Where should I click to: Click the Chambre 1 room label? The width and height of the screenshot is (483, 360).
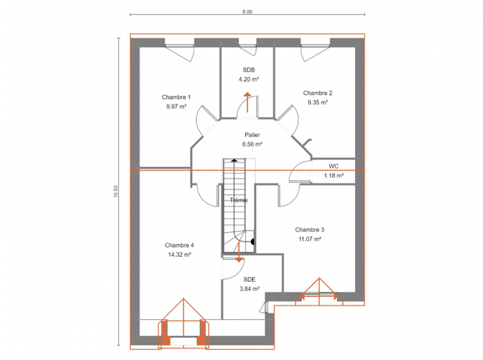pyautogui.click(x=176, y=97)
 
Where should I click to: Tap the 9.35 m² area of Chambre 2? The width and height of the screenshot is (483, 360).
pyautogui.click(x=317, y=102)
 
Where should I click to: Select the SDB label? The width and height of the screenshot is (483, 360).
pyautogui.click(x=249, y=70)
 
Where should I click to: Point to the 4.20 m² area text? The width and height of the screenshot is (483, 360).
pyautogui.click(x=249, y=79)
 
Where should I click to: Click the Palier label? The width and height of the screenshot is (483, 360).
pyautogui.click(x=252, y=135)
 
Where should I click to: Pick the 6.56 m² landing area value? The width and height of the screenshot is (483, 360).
pyautogui.click(x=252, y=144)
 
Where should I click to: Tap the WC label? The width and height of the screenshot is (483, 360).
pyautogui.click(x=334, y=166)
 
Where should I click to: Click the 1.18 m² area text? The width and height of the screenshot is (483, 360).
pyautogui.click(x=334, y=176)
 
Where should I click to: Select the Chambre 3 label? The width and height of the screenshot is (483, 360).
pyautogui.click(x=310, y=230)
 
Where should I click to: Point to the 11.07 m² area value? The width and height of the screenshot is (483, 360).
pyautogui.click(x=310, y=239)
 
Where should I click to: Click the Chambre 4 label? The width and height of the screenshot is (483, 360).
pyautogui.click(x=179, y=245)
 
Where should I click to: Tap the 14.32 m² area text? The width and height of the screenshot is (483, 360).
pyautogui.click(x=179, y=254)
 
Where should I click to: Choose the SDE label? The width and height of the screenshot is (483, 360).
pyautogui.click(x=250, y=280)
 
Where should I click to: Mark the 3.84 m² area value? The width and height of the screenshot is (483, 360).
pyautogui.click(x=250, y=289)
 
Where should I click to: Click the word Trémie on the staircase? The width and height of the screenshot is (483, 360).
pyautogui.click(x=239, y=200)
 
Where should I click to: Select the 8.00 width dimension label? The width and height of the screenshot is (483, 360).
pyautogui.click(x=247, y=12)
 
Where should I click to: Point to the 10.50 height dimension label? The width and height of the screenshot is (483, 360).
pyautogui.click(x=116, y=191)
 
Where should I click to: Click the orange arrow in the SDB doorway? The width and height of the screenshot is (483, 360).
pyautogui.click(x=247, y=102)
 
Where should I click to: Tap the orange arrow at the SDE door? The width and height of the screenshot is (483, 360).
pyautogui.click(x=239, y=252)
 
